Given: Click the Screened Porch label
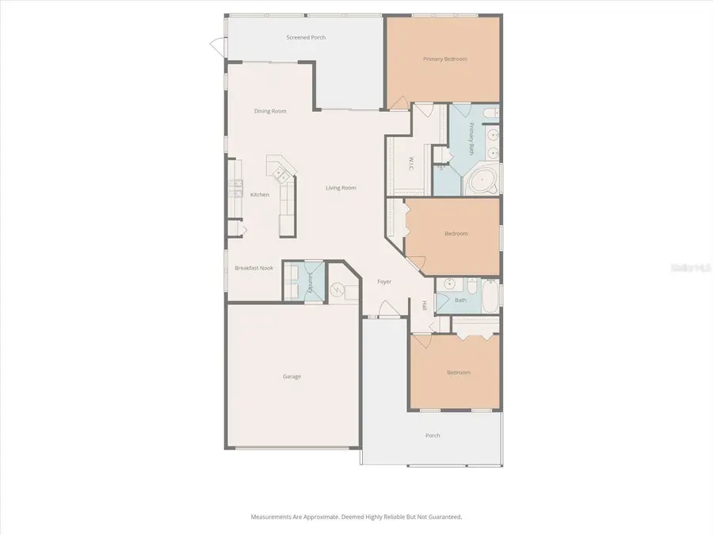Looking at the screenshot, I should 306,37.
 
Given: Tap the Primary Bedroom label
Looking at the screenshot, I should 444,59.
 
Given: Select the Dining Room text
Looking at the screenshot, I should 270,111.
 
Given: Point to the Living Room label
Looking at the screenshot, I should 341,188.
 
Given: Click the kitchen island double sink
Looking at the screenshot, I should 278,169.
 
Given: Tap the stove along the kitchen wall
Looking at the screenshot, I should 235,189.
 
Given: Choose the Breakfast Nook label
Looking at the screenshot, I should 254,268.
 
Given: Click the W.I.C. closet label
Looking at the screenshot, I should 412,164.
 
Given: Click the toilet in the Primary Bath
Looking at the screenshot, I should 489,112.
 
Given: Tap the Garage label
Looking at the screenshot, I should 292,376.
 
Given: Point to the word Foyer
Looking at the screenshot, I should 384,281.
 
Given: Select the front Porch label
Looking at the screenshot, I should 433,435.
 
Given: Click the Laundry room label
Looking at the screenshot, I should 311,281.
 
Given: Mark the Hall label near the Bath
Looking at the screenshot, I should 425,305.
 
